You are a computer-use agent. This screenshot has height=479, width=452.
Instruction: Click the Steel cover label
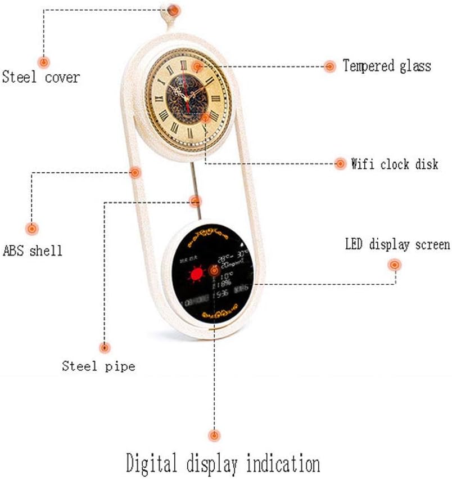pos(40,77)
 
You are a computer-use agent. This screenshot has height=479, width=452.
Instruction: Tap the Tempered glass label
pos(387,66)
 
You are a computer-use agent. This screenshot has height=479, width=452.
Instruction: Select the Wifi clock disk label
pos(394,164)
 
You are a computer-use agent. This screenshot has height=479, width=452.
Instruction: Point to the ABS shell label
pos(33,250)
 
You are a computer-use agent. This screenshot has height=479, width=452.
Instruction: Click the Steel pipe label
pos(98,366)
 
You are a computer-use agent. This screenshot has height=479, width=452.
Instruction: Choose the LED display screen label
pos(397,245)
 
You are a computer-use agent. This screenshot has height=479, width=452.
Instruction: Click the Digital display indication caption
pos(223,464)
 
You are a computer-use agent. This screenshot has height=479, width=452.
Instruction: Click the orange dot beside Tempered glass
pos(330,66)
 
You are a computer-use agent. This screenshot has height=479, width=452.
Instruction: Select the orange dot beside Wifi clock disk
pos(340,164)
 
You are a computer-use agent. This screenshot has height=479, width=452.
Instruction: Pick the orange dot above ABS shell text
pos(32,229)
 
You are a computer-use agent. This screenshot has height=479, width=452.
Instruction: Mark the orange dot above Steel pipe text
pos(104,348)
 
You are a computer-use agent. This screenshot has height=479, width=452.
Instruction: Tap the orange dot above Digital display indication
pos(214,435)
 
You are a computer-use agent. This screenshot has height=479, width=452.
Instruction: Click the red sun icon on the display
pos(196,275)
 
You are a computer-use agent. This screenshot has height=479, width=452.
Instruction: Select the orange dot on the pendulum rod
pos(195,201)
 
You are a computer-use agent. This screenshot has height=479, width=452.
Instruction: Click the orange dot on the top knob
pos(174,10)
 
